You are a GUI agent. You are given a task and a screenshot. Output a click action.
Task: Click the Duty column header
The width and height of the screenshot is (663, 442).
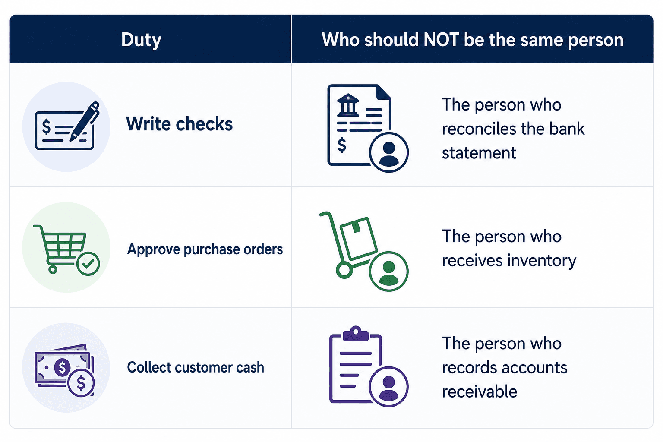coord(141,40)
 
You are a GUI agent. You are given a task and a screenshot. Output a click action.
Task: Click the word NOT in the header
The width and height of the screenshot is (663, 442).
coord(441,39)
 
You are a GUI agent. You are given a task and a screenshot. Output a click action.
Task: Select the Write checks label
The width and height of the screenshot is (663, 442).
coord(180,123)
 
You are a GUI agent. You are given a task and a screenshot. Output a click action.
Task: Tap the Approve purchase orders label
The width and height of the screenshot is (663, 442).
coord(205,249)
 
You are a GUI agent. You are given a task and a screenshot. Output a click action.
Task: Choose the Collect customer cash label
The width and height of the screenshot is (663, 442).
coord(196,367)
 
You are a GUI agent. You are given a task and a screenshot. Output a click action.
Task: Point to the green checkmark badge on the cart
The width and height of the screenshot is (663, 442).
coord(88,264)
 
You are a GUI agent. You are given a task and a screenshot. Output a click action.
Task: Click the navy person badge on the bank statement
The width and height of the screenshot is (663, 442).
coord(388,152)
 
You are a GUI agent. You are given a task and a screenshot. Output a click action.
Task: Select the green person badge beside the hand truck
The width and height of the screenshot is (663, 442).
coord(388,271)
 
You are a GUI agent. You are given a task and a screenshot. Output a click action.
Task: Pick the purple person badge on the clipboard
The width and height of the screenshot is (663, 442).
coord(388,387)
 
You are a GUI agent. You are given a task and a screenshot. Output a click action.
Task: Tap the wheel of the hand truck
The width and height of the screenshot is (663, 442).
coord(344,270)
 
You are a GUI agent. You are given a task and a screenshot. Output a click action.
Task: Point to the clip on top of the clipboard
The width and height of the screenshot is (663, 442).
coord(356,333)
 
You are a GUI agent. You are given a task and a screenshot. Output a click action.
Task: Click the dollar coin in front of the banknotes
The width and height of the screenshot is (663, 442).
coord(81,383)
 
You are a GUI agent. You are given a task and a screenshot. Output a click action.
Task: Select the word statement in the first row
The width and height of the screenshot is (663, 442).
coord(479,153)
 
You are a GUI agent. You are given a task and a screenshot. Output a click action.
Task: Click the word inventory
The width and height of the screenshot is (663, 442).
coord(542,261)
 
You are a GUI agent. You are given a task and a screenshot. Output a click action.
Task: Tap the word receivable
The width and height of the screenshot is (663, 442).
coord(480,391)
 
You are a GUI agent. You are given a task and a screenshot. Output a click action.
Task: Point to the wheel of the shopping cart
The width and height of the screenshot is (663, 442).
coord(53,269)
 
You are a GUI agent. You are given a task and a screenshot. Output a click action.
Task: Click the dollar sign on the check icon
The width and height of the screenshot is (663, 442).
coord(46,126)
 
